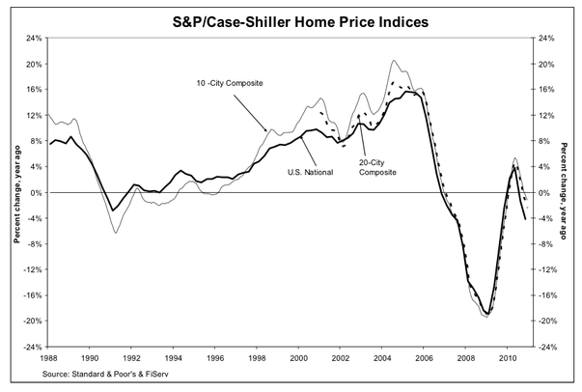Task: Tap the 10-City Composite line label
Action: [224, 84]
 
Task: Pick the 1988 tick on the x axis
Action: [48, 356]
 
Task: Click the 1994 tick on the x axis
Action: [174, 356]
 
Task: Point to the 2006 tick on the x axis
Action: [426, 356]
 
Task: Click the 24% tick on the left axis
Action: [31, 39]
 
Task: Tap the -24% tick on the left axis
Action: [30, 348]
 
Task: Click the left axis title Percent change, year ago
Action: [14, 193]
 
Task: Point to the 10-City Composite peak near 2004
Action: [393, 61]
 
